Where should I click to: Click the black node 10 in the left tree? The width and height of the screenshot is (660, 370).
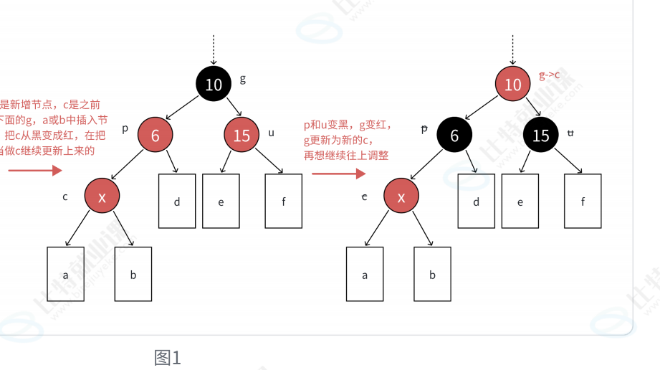[214, 85]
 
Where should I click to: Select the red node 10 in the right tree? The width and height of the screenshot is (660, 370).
[512, 85]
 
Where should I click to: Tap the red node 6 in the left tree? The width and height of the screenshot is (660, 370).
[155, 135]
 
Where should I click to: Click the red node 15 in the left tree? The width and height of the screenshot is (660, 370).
[241, 135]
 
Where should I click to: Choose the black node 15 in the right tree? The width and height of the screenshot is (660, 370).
[541, 135]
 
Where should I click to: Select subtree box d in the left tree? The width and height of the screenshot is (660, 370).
[177, 201]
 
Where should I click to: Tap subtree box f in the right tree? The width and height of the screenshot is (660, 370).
[583, 201]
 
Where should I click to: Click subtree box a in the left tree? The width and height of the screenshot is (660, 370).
[65, 274]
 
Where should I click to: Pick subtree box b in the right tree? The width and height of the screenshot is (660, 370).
[432, 274]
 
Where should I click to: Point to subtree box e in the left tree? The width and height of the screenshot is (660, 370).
[221, 201]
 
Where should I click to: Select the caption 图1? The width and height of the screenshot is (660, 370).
[168, 357]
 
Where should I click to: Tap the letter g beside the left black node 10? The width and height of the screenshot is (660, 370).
[243, 78]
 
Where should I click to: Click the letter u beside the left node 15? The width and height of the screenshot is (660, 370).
[271, 133]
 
